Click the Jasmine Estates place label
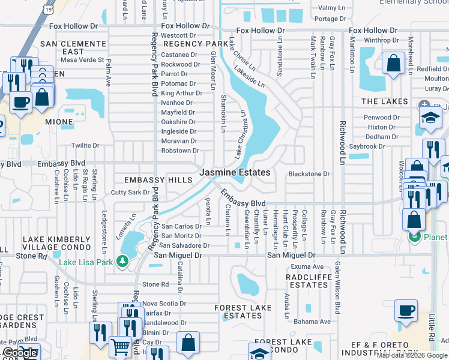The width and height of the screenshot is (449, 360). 235,172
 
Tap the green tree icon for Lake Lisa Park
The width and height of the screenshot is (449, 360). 122,261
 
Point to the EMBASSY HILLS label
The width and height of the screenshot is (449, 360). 153,179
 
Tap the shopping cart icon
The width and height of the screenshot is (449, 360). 121,347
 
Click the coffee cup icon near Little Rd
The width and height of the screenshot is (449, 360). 406,311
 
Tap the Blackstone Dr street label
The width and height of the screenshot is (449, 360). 309,174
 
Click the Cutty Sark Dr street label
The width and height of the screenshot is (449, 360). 130,193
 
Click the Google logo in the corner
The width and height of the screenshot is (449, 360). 20,353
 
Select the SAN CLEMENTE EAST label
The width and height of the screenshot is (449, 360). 73,48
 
